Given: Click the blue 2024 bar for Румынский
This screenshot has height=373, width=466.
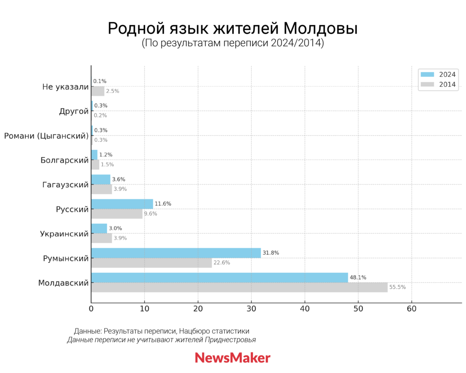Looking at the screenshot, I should click(176, 253).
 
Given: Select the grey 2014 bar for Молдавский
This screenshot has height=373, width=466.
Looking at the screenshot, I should click(239, 287).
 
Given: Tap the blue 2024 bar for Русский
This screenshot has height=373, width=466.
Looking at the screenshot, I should click(122, 204).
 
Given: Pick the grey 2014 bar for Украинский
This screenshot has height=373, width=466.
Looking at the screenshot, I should click(101, 238).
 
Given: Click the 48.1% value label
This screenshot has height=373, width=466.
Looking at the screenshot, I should click(358, 277).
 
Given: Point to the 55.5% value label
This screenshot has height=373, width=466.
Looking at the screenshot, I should click(397, 287).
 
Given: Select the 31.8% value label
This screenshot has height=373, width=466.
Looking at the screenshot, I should click(271, 253).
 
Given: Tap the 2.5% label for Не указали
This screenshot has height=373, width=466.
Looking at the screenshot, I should click(112, 91).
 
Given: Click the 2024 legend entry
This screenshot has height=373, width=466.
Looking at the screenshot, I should click(439, 74).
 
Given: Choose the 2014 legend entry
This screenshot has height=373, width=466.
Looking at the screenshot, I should click(439, 84).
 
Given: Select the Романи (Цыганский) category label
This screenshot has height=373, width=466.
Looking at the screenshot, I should click(46, 135).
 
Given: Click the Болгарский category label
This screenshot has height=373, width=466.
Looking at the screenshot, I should click(64, 160).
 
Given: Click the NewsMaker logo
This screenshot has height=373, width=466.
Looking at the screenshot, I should click(233, 358).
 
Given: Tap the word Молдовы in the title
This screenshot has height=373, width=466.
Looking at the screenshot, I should click(320, 29).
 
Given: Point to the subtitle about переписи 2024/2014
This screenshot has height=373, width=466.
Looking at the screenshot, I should click(233, 44).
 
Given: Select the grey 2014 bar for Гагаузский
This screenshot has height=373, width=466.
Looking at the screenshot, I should click(101, 189).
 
